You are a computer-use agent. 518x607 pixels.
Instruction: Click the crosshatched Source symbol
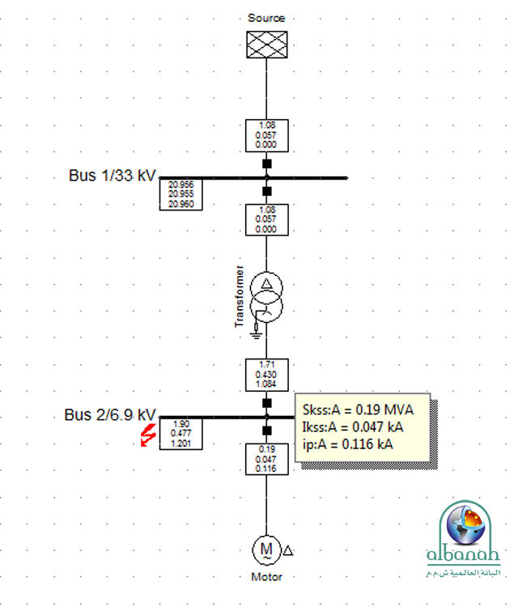[x=266, y=45]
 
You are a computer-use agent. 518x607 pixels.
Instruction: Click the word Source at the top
[x=266, y=17]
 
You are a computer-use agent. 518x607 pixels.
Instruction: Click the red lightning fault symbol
[x=147, y=435]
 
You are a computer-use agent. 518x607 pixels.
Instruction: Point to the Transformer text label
[x=239, y=295]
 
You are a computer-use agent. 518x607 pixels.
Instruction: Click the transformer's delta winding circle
[x=266, y=287]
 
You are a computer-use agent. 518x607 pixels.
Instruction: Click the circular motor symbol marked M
[x=266, y=550]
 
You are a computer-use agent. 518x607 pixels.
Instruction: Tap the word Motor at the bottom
[x=266, y=578]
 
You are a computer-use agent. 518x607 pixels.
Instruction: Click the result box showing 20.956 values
[x=180, y=194]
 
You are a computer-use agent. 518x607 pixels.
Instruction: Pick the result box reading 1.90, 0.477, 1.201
[x=180, y=434]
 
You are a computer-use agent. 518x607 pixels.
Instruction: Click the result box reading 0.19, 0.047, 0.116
[x=266, y=458]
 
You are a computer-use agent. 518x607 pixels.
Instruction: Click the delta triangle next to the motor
[x=288, y=550]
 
